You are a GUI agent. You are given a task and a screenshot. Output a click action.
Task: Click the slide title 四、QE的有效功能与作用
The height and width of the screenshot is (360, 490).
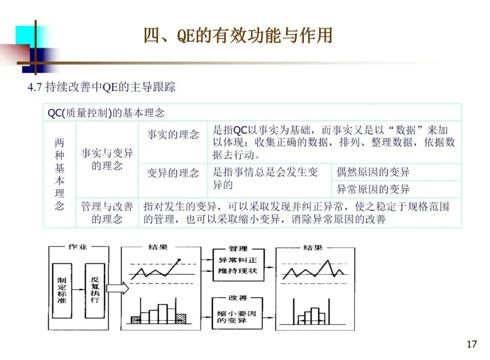pos(238,36)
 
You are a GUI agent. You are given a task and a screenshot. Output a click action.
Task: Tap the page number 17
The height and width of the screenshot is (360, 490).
pos(472,344)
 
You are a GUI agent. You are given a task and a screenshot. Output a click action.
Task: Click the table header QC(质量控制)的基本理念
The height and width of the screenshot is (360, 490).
pos(106,113)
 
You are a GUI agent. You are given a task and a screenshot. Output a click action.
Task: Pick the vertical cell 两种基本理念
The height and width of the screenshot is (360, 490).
pos(59,174)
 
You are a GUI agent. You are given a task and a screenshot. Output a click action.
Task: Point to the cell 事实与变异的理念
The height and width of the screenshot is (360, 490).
pos(107,159)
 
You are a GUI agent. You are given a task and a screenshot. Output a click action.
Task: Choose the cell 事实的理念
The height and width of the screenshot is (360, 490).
pos(173,135)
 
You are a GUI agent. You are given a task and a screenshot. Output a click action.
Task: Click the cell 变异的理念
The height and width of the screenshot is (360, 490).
pos(173,173)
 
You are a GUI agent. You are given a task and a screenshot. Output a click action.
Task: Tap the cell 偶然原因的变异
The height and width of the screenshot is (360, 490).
pos(373,172)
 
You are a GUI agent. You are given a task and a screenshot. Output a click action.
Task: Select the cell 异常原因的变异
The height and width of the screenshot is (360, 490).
pos(373,189)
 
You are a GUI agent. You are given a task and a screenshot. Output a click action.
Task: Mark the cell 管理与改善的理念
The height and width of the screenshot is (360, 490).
pos(107,213)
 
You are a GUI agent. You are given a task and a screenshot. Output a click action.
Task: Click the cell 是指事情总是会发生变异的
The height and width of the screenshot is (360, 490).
pos(265,178)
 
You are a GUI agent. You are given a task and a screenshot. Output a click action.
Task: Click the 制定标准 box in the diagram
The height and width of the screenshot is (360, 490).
pos(62,290)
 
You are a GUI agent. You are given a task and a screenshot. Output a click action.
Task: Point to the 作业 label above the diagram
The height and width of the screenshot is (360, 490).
pos(77,247)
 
